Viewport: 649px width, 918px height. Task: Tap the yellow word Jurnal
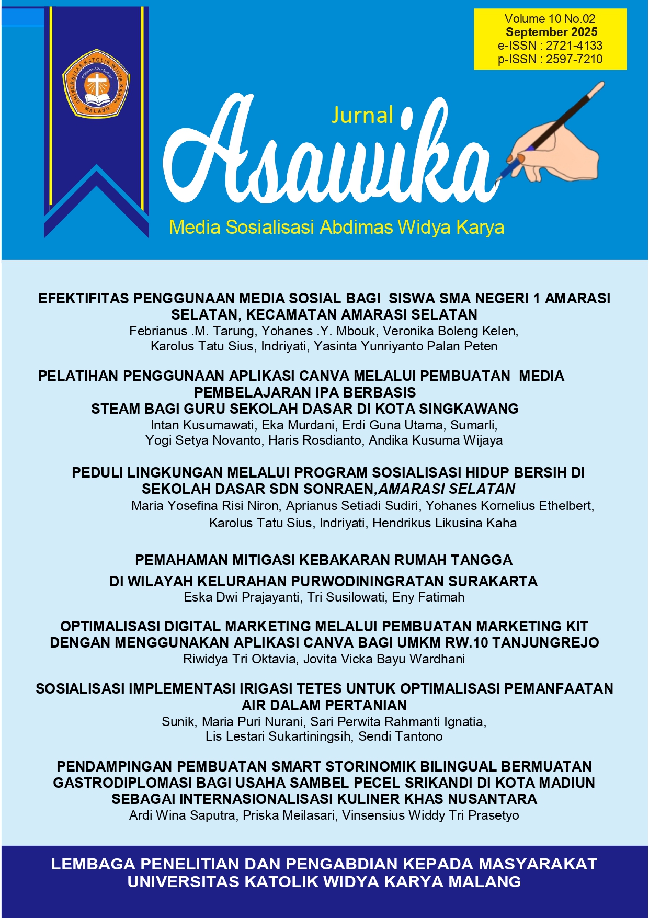click(362, 115)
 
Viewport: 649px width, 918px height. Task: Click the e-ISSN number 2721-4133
click(574, 46)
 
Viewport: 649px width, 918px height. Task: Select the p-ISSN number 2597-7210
click(574, 59)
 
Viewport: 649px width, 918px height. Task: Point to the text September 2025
click(551, 32)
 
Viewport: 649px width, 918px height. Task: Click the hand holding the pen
click(554, 146)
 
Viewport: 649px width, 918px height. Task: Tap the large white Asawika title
click(324, 157)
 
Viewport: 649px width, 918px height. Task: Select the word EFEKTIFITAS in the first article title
click(83, 299)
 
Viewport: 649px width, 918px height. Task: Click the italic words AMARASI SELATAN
click(447, 489)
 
